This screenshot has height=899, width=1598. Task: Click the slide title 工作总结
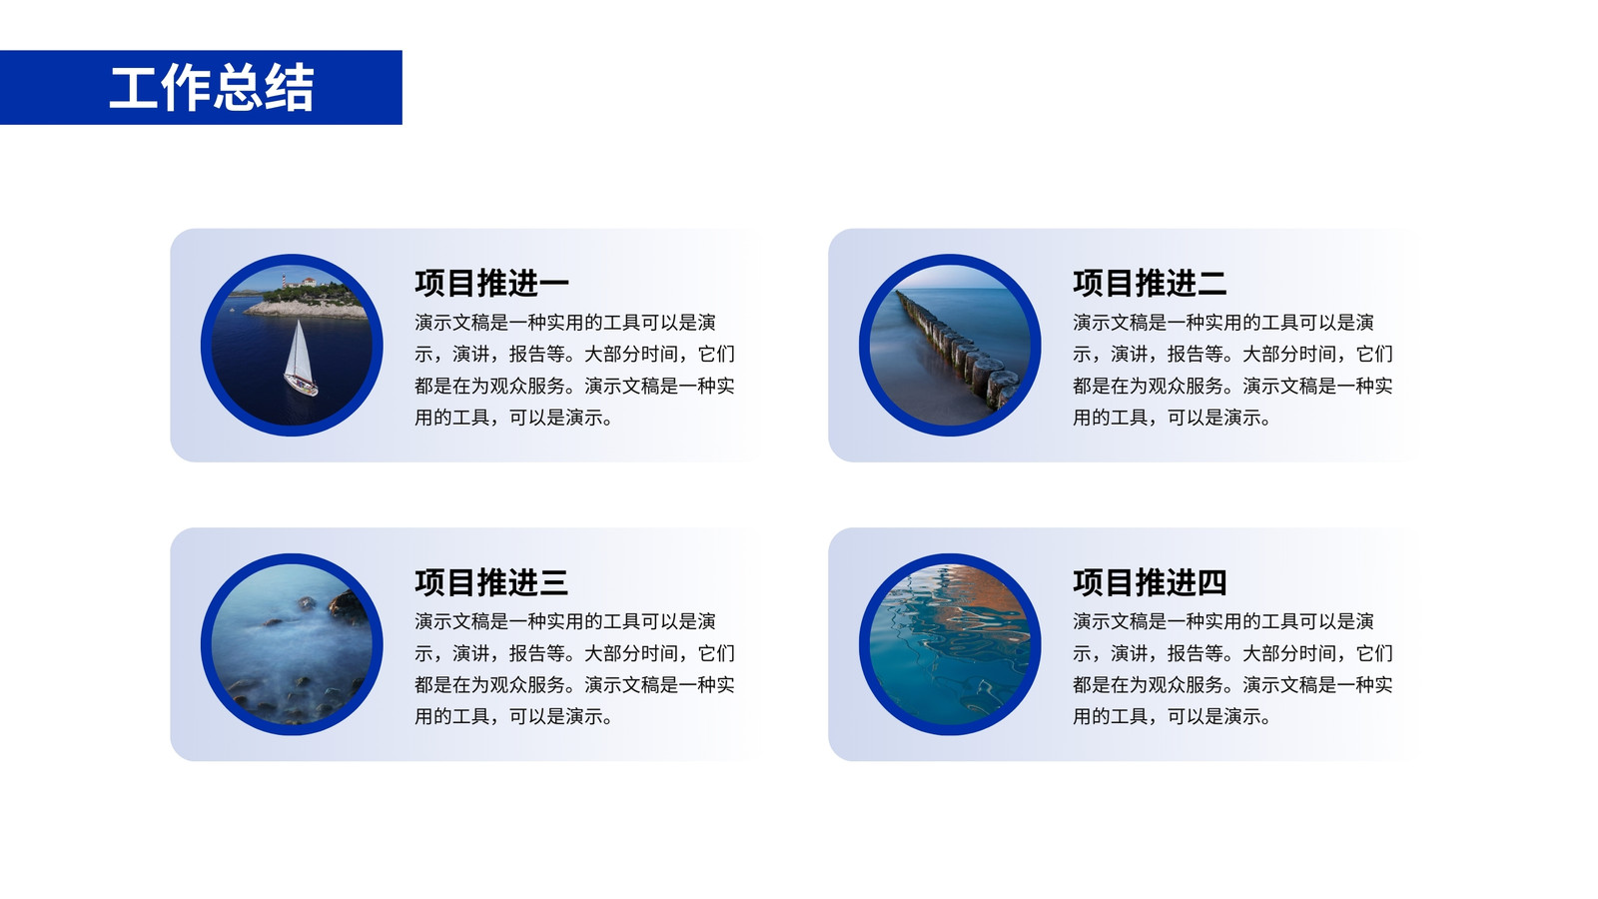point(211,88)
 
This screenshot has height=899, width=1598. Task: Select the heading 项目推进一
point(491,283)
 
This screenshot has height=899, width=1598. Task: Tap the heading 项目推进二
point(1150,283)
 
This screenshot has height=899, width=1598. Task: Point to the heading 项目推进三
point(491,582)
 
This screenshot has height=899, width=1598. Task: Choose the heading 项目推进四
point(1150,582)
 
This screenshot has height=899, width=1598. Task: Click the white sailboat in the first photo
point(300,359)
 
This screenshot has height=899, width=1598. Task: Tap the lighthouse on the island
point(284,280)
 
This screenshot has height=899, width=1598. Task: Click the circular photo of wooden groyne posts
point(950,345)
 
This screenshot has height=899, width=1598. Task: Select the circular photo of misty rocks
point(292,644)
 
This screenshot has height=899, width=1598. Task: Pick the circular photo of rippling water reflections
point(950,644)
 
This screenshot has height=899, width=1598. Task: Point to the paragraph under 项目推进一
point(574,370)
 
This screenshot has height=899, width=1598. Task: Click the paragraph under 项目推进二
point(1232,370)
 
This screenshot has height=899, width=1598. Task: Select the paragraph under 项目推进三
point(574,668)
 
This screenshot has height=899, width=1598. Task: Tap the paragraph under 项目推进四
point(1232,668)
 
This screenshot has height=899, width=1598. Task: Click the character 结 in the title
point(289,88)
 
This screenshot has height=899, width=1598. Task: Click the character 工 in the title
point(134,88)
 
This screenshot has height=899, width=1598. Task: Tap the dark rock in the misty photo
point(349,606)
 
